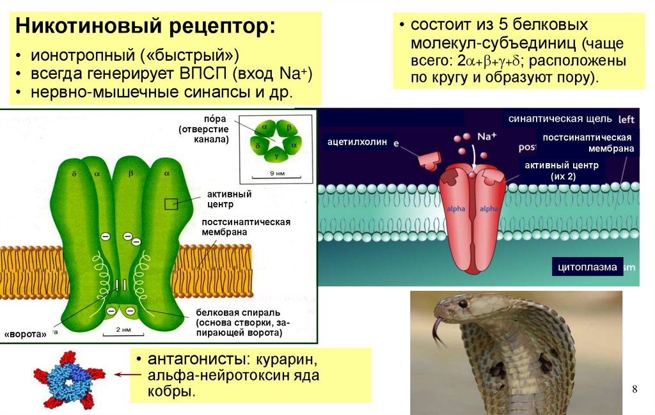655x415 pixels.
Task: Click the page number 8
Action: (635, 389)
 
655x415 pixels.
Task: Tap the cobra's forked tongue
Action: (437, 329)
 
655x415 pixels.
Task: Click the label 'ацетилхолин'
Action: (358, 142)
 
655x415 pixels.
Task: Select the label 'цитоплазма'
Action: (587, 267)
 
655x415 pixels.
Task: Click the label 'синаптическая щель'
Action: (560, 120)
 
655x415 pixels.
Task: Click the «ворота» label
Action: (26, 334)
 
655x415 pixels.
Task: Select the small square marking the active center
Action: (171, 204)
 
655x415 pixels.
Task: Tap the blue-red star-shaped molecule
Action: (68, 379)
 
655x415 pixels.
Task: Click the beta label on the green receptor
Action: (130, 173)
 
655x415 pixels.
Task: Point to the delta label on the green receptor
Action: (75, 173)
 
